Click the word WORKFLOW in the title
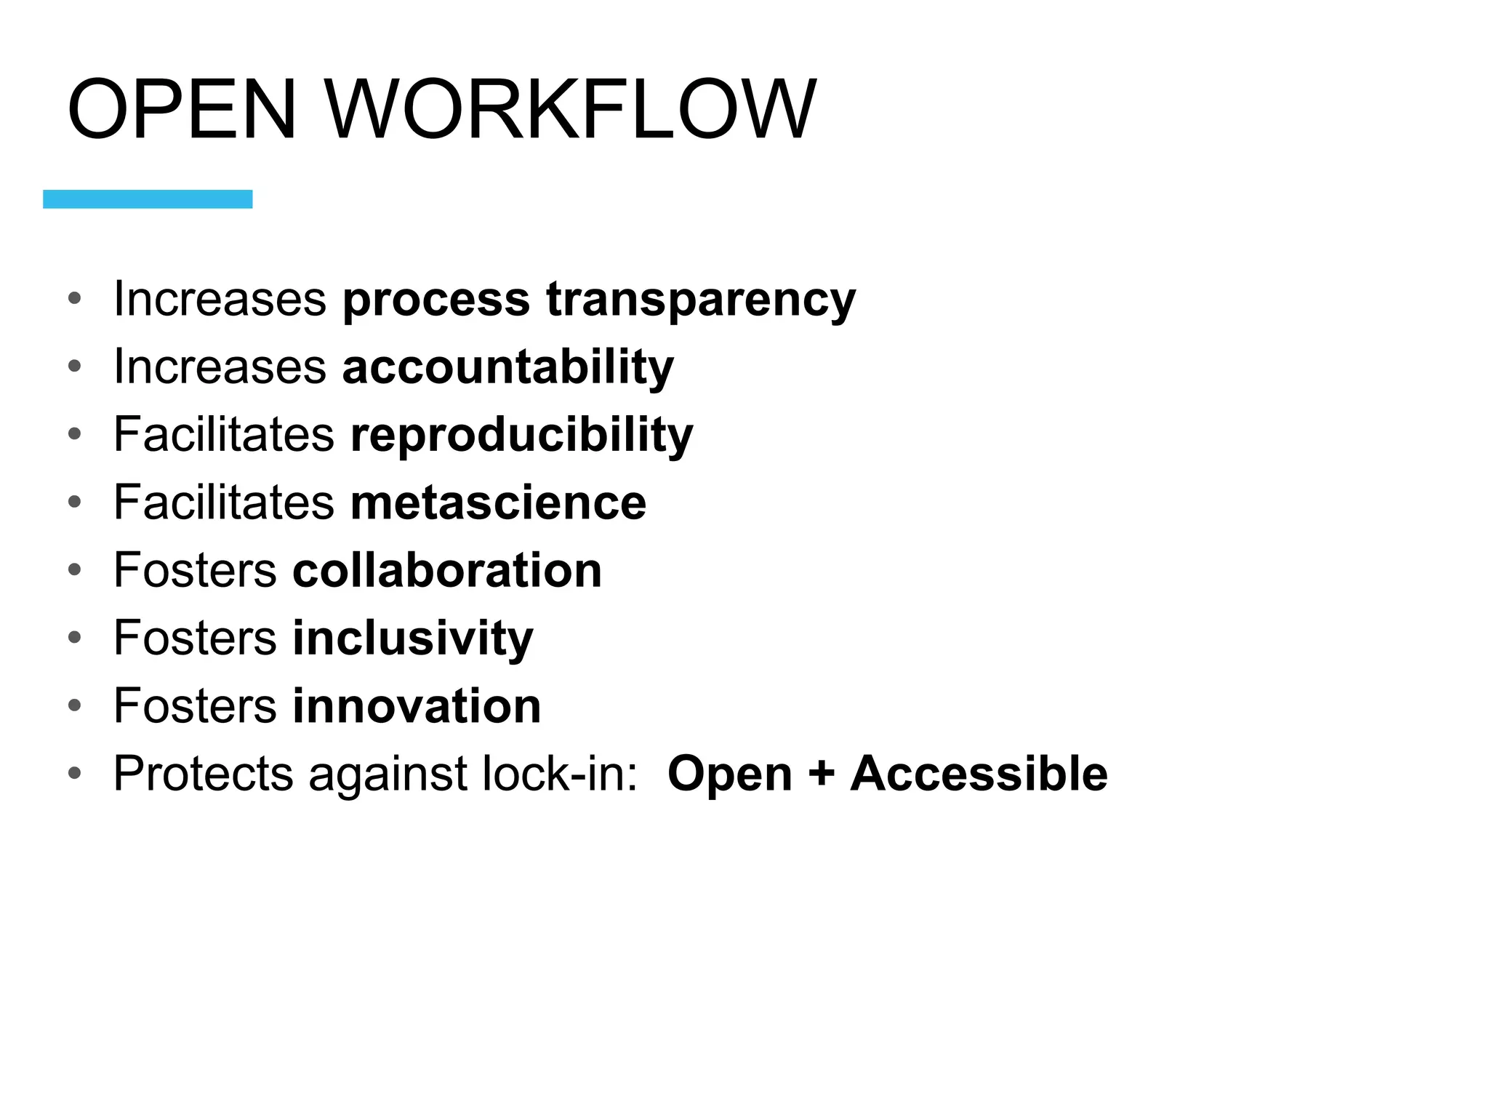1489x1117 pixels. tap(571, 109)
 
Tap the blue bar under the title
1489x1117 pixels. tap(148, 199)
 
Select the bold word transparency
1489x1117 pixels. tap(701, 300)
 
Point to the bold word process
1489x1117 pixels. tap(436, 300)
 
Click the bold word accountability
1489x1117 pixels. tap(507, 367)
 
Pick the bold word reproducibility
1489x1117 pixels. tap(521, 435)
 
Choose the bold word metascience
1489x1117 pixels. tap(498, 503)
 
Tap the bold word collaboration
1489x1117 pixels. tap(447, 570)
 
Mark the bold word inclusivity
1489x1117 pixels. tap(412, 638)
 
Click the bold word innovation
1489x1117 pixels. tap(417, 705)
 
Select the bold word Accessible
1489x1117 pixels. tap(979, 773)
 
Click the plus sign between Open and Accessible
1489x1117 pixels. tap(821, 773)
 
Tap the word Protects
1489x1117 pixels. tap(204, 773)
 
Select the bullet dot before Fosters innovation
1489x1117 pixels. tap(74, 705)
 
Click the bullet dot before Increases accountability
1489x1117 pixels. tap(74, 367)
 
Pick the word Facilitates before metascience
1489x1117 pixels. tap(224, 503)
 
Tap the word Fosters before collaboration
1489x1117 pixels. tap(195, 570)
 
